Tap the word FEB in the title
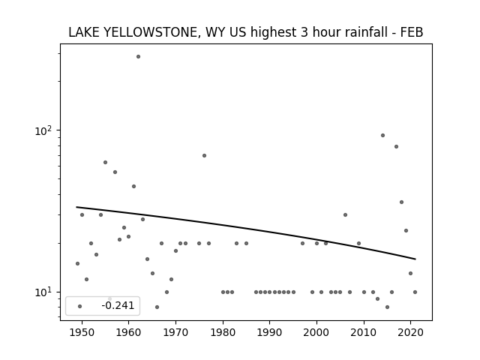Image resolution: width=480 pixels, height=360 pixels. [412, 32]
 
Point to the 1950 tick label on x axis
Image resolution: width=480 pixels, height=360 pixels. [82, 332]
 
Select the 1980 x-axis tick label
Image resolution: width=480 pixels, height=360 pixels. [223, 332]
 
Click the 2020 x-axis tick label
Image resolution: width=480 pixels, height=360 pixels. [411, 332]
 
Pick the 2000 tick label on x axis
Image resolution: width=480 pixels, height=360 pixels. [316, 332]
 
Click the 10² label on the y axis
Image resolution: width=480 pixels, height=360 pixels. [44, 130]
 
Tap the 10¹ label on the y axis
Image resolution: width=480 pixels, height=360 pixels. [44, 292]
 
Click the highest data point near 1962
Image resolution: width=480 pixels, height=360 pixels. [138, 57]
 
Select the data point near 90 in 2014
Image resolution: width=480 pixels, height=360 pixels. [382, 135]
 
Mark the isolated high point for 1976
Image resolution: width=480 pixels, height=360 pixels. [204, 155]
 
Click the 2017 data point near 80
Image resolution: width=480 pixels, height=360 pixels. [397, 147]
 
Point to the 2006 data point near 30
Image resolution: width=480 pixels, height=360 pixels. [345, 215]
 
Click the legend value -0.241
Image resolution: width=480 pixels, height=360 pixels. [118, 305]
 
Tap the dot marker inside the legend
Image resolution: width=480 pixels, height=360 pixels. [80, 306]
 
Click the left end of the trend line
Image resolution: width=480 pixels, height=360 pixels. [76, 207]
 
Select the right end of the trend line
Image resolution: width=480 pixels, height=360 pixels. [415, 259]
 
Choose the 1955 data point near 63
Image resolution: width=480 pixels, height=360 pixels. [105, 162]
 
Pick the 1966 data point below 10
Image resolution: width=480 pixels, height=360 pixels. [157, 307]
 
